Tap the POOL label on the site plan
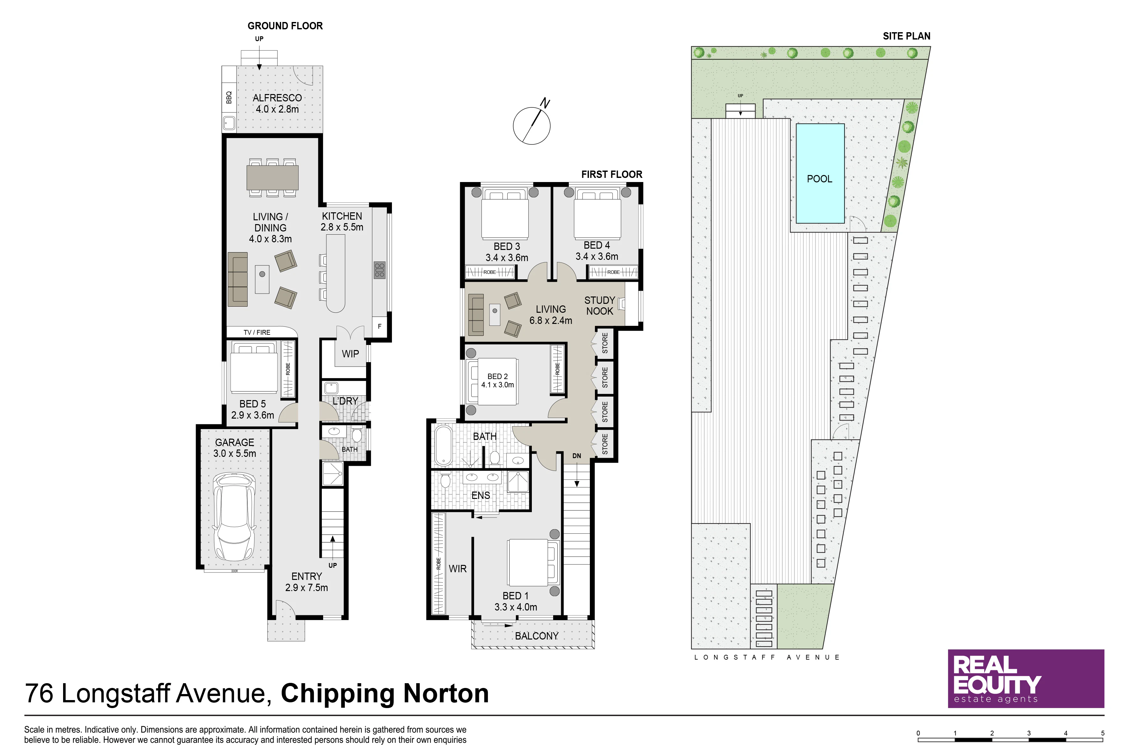819,179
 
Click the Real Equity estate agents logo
1026,679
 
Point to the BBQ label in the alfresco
229,98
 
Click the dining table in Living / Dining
273,178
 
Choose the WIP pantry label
351,354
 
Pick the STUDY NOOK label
599,305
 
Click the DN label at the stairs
576,456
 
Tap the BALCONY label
537,636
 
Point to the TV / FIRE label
257,332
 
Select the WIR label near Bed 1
458,569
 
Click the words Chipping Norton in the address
385,693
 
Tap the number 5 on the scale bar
1103,733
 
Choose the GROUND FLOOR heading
285,26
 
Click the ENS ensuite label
481,495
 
